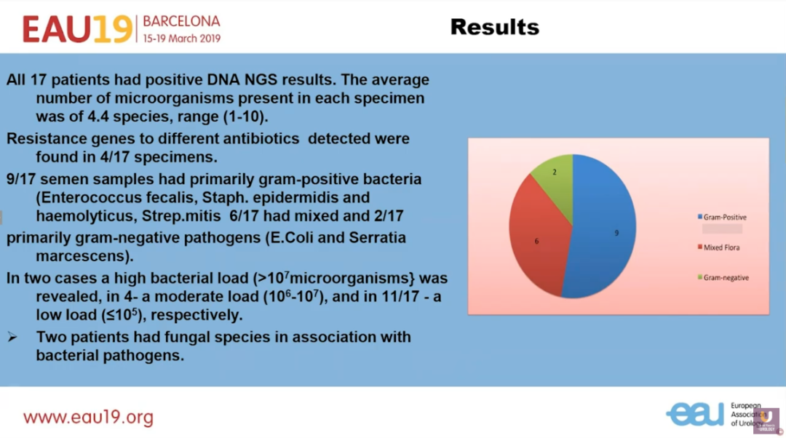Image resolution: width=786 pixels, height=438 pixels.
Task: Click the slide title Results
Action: point(494,27)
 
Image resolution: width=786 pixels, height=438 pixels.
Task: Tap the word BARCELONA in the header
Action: point(181,21)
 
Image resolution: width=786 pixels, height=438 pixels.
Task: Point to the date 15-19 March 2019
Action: point(181,38)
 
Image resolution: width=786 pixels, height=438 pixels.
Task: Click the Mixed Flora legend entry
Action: point(721,247)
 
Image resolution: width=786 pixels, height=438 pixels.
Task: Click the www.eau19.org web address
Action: point(88,418)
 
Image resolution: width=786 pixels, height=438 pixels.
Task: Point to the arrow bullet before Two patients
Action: point(12,338)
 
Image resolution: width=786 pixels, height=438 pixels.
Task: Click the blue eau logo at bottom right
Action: point(695,413)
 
